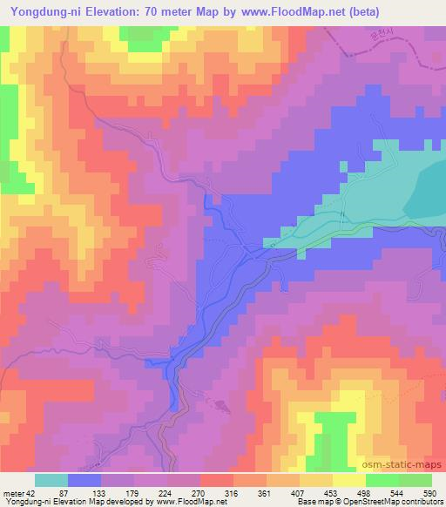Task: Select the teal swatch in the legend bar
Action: [x=51, y=480]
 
